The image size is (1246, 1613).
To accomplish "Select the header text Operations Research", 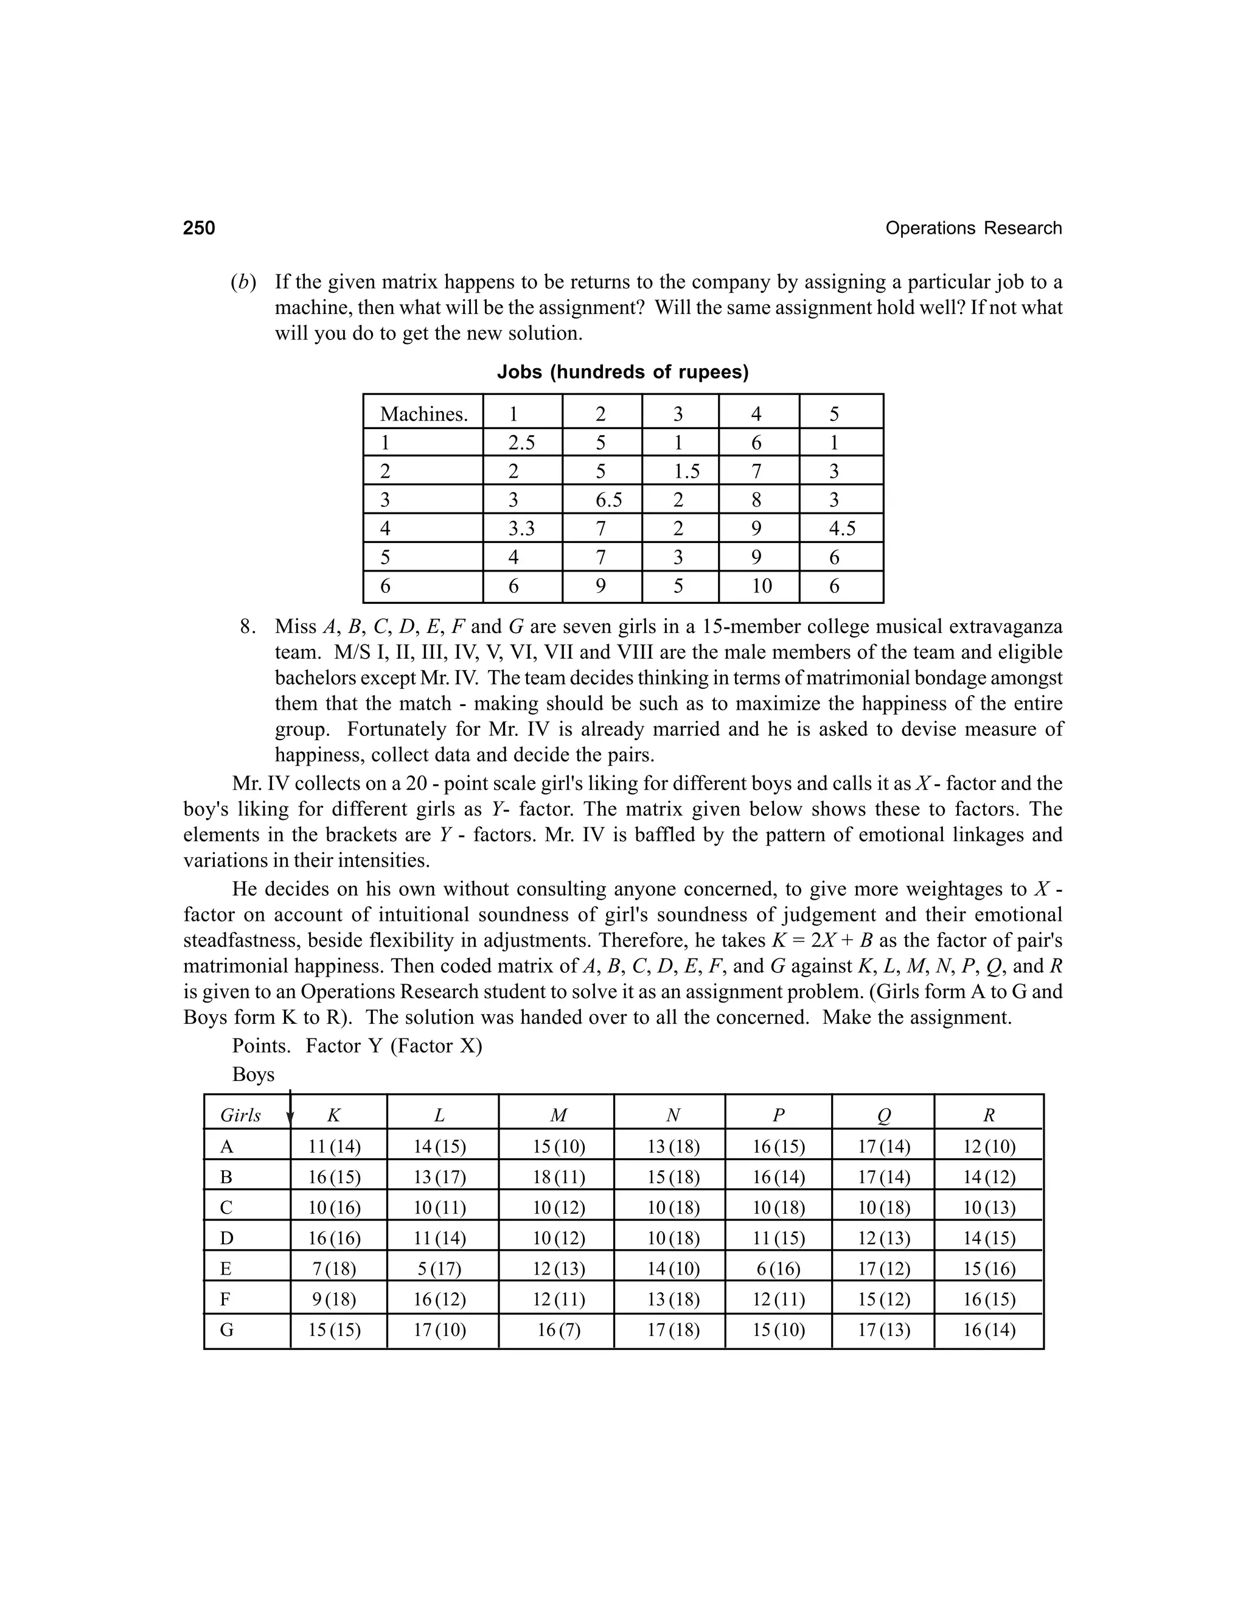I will coord(973,228).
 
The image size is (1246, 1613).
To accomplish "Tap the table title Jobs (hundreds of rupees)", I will coord(622,373).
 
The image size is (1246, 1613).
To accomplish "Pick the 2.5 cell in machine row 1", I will coord(521,443).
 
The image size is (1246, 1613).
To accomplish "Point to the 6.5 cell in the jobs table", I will coord(608,500).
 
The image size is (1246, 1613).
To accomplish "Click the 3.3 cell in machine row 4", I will coord(521,529).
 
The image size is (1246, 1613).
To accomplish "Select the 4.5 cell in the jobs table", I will coord(841,529).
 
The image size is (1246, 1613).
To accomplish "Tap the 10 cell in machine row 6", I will coord(761,586).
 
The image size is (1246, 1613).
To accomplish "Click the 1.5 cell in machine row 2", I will coord(686,471).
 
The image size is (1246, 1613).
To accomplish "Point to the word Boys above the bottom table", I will coord(252,1074).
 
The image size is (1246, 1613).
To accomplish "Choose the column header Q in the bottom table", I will coord(883,1116).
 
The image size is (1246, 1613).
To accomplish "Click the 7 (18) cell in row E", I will coord(335,1269).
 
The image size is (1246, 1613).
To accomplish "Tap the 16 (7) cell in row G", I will coord(558,1330).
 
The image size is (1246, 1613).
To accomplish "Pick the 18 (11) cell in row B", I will coord(558,1177).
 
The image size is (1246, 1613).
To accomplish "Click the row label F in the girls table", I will coord(226,1300).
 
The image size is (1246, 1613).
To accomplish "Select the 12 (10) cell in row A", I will coord(989,1147).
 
